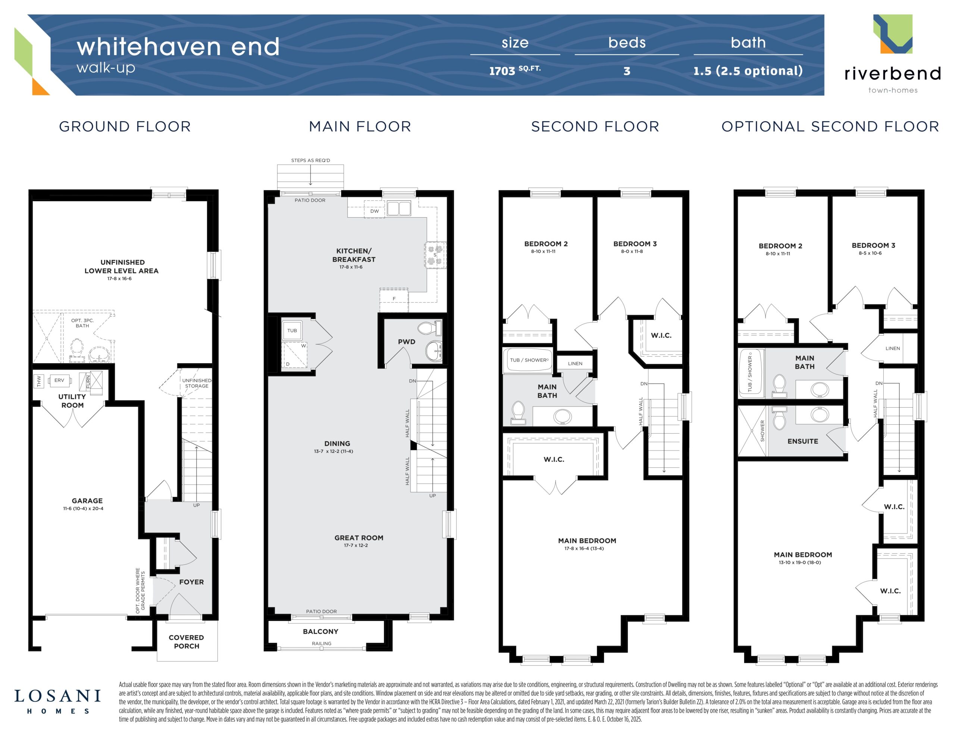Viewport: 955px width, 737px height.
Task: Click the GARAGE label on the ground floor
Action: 87,501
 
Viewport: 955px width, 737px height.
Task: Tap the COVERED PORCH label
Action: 186,642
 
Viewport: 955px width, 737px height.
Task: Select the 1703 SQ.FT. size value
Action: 515,70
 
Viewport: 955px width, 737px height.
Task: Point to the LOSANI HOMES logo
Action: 58,702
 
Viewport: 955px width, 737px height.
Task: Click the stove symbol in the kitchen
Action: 435,255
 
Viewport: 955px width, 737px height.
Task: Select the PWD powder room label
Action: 407,342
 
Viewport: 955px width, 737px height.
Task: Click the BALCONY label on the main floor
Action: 320,631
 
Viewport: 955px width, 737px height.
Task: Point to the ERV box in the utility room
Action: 59,380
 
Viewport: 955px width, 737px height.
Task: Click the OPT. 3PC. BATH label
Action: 82,323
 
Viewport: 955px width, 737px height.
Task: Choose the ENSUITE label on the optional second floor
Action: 803,441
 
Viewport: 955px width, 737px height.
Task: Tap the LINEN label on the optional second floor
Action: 892,348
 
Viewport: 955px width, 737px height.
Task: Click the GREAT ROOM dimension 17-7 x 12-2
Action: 356,545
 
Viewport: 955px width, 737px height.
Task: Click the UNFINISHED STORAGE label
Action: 197,383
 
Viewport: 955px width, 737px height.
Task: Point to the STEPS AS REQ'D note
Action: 310,160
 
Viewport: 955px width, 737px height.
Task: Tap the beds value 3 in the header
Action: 627,71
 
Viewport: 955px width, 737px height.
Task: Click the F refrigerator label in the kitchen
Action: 394,299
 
